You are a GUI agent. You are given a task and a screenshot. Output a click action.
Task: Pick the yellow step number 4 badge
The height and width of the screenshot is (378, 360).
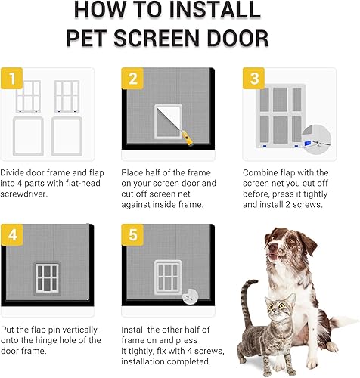(x=11, y=234)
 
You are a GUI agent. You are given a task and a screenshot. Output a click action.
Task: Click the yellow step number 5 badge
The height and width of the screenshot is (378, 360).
(x=132, y=234)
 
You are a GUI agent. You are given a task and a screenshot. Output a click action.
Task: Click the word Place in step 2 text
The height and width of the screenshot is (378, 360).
(x=133, y=172)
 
